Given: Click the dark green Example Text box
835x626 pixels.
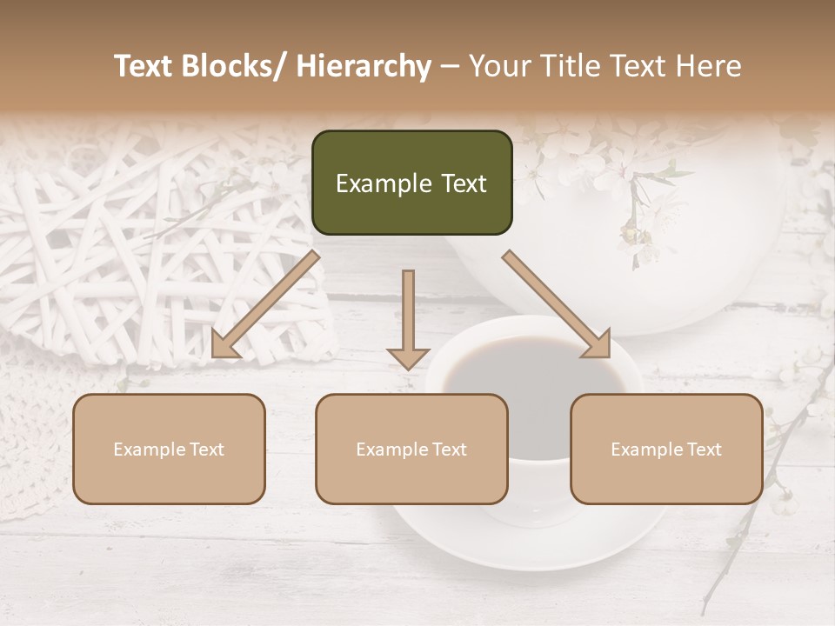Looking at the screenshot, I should pos(411,183).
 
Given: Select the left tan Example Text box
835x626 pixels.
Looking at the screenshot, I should pos(169,449).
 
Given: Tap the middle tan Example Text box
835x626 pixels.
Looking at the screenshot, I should pos(411,449).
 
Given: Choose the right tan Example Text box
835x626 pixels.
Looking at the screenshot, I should pos(666,449).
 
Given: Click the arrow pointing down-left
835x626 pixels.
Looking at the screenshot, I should pos(265,304).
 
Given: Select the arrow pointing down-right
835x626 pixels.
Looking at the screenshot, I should pos(557,304).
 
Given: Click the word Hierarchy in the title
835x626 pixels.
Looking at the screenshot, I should pos(364,66).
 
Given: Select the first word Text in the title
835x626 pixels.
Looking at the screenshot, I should pos(144,66).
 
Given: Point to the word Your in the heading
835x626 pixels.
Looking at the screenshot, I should pos(498,66).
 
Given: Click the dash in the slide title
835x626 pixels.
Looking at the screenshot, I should pos(450,67).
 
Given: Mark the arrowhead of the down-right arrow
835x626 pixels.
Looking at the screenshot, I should pos(598,345).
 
